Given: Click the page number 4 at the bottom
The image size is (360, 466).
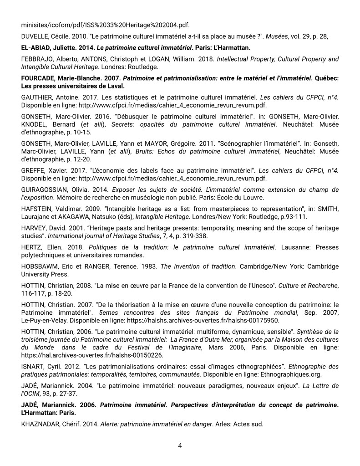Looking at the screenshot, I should click(180, 446).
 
